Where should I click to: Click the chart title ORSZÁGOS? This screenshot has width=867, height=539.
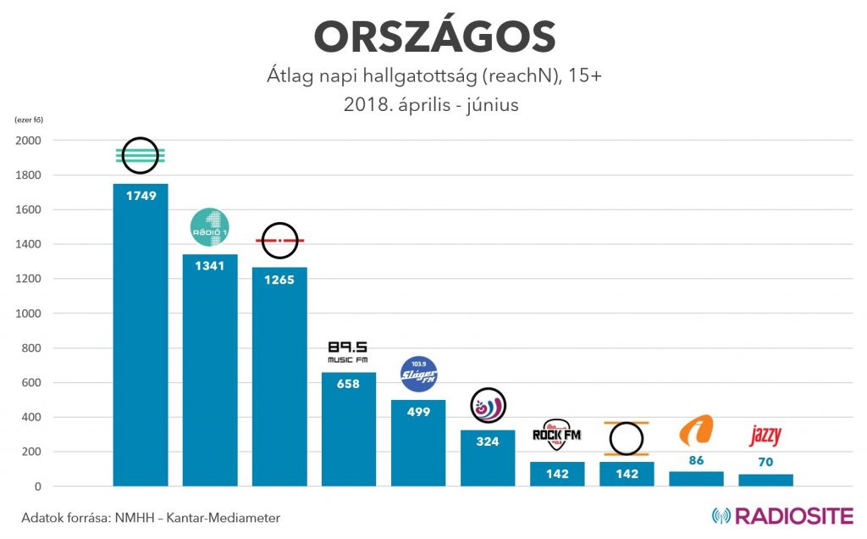click(x=434, y=38)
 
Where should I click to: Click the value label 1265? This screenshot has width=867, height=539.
click(x=279, y=280)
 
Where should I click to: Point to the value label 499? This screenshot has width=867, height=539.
click(x=418, y=412)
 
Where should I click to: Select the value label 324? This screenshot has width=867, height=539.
click(x=488, y=442)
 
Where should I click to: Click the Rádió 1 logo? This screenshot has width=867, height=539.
click(x=210, y=227)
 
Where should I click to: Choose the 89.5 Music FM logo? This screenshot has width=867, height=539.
click(x=349, y=352)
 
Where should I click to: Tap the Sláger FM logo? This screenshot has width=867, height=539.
click(x=418, y=374)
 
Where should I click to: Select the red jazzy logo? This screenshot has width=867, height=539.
click(x=765, y=436)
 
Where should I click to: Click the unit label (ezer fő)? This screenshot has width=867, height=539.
click(x=30, y=119)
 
